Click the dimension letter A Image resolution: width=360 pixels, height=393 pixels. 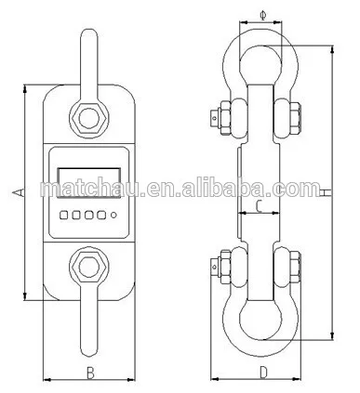coord(18,192)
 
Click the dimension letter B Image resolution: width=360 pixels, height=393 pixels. coord(90,373)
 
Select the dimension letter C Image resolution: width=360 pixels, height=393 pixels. coord(260,206)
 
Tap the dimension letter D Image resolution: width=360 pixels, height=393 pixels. coord(263,373)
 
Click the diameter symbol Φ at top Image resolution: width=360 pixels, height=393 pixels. coord(263,15)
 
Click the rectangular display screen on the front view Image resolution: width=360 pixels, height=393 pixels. coord(89,183)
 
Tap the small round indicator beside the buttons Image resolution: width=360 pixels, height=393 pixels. coord(113,215)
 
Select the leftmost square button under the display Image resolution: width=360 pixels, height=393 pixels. coord(64,215)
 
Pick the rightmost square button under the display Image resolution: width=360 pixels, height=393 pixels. coord(101,215)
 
